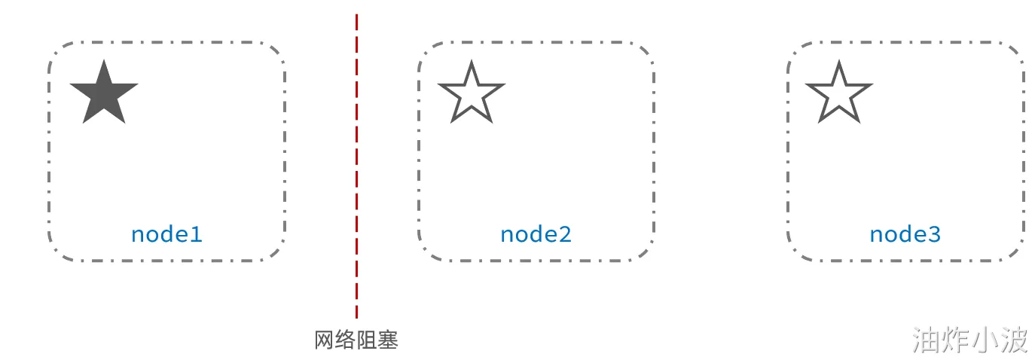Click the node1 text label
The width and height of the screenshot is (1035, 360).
[x=166, y=234]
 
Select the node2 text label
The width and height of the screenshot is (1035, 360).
[x=536, y=234]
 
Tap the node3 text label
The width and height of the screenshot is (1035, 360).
[x=905, y=234]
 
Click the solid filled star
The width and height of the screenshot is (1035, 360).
[x=104, y=94]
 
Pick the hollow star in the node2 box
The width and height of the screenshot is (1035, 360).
[x=471, y=94]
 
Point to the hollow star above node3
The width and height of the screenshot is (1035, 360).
[x=838, y=94]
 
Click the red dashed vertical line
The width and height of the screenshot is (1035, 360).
[x=356, y=166]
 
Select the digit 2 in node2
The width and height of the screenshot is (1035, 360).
[x=564, y=234]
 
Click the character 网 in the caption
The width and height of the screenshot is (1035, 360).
[x=324, y=340]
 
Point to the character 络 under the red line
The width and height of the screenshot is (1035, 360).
[x=345, y=340]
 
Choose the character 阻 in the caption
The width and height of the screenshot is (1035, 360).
[x=366, y=340]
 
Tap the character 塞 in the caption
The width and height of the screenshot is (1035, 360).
[x=387, y=340]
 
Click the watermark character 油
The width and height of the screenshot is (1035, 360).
[x=926, y=340]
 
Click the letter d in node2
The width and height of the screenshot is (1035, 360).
[x=536, y=233]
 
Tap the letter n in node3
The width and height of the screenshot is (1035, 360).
[x=877, y=235]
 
